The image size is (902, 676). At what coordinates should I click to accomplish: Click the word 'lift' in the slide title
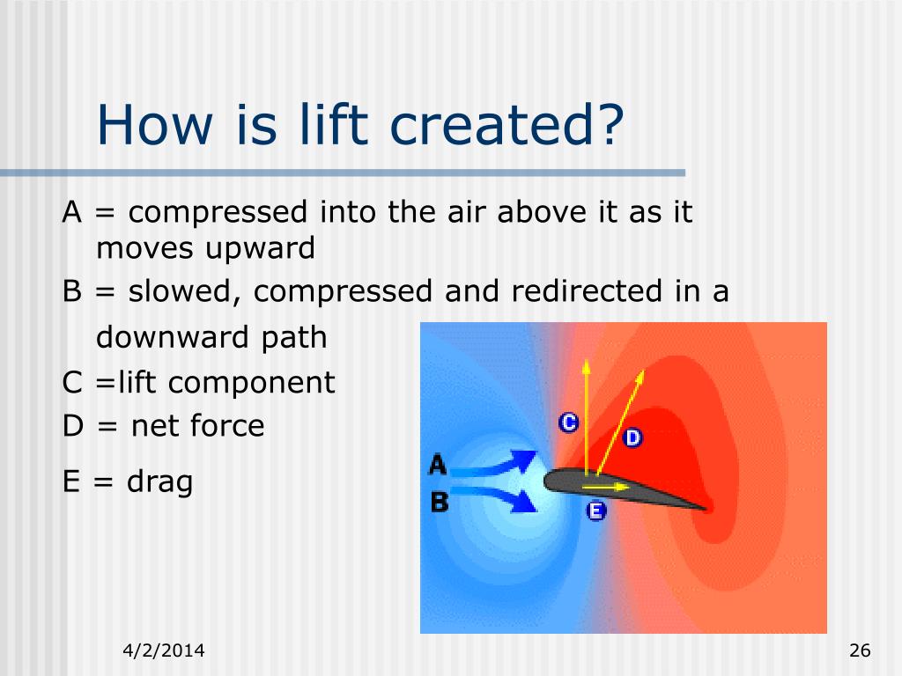(333, 125)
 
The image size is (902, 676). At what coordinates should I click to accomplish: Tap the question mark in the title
(610, 125)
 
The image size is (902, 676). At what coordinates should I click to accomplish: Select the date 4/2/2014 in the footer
(163, 650)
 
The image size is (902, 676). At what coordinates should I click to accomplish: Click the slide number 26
(860, 650)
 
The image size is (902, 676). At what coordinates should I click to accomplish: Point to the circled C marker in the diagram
(569, 423)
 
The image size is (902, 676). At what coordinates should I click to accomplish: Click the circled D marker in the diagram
(632, 438)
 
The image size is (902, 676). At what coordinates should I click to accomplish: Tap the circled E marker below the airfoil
(596, 511)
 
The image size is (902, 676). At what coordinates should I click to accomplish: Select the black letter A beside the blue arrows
(438, 465)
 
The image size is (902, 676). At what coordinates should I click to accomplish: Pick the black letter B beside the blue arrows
(440, 502)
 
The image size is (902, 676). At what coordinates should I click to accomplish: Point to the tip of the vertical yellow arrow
(586, 360)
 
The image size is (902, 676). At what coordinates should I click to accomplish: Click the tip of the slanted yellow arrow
(643, 371)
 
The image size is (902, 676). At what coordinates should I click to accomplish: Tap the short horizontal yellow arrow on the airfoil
(606, 487)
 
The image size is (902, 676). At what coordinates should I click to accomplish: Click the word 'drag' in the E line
(159, 482)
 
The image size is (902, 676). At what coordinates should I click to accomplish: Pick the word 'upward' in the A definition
(260, 249)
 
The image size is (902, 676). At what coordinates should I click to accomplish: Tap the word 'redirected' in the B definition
(587, 290)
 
